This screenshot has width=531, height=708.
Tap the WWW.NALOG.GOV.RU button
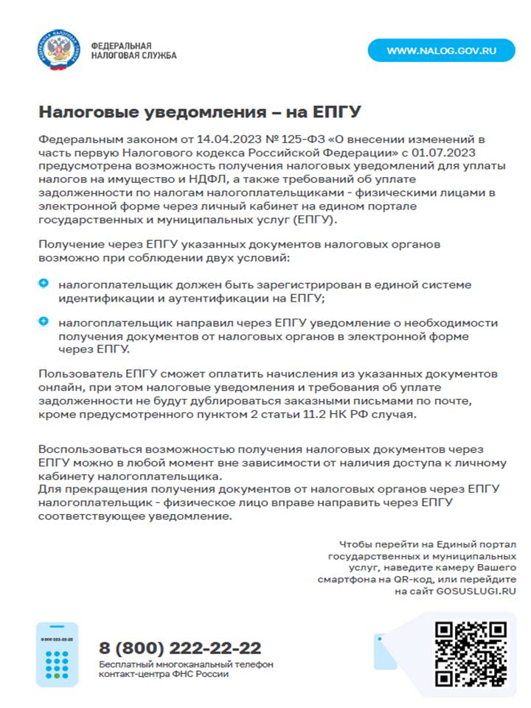441,50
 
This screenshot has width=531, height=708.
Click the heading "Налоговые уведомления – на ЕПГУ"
199,112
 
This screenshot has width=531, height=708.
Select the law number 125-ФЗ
286,139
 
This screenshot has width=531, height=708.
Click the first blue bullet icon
44,283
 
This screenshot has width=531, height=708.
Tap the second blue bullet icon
44,322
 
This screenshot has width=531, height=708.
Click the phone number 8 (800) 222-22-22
180,648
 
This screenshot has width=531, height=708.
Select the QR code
470,654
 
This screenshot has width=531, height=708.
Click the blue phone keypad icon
57,656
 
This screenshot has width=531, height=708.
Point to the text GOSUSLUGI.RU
476,591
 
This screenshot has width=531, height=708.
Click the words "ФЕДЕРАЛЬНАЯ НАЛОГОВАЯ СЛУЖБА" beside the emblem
133,50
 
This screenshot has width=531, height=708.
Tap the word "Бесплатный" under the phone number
126,664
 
